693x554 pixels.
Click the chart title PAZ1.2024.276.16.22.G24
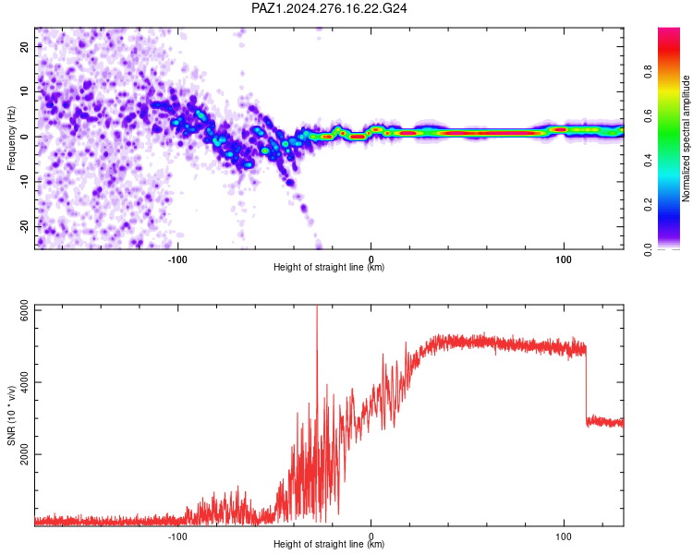point(329,8)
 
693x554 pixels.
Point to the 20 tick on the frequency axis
point(24,46)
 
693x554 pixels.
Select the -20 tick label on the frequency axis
point(24,226)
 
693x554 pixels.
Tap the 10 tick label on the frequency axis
point(24,91)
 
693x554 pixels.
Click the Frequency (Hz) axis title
point(11,138)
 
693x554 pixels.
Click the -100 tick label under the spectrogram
point(177,259)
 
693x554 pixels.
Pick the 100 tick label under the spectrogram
point(564,259)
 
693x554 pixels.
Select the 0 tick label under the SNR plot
point(371,536)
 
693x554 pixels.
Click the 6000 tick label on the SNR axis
point(24,310)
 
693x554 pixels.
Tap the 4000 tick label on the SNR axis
point(24,382)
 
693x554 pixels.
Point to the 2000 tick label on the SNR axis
point(24,454)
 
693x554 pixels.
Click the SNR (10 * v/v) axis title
point(11,415)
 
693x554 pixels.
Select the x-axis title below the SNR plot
point(329,544)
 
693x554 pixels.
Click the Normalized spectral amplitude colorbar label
point(686,138)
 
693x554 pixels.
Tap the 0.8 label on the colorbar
point(648,71)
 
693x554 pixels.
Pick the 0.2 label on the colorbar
point(648,205)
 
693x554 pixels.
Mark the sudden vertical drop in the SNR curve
point(586,385)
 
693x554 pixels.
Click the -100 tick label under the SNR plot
point(177,536)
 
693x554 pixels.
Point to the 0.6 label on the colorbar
point(648,115)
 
